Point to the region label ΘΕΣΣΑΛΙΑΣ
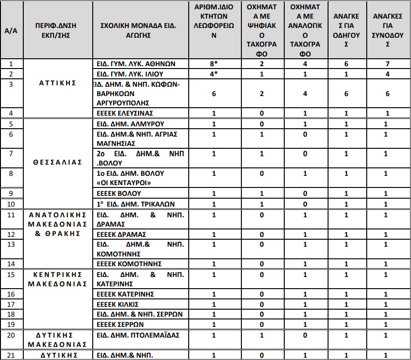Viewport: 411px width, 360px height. pyautogui.click(x=58, y=162)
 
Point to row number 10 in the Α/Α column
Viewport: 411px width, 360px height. pyautogui.click(x=12, y=204)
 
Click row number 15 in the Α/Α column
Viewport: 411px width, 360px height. pyautogui.click(x=12, y=275)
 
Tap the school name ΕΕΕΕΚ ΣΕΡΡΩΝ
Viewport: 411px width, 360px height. pyautogui.click(x=120, y=324)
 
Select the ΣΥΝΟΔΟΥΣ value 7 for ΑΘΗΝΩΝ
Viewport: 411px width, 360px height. pyautogui.click(x=388, y=64)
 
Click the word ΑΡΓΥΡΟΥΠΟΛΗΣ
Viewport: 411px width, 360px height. pyautogui.click(x=123, y=103)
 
